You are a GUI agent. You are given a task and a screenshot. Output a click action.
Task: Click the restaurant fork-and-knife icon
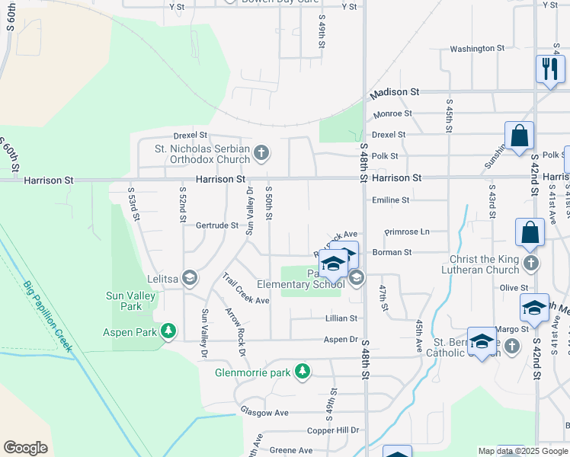[549, 69]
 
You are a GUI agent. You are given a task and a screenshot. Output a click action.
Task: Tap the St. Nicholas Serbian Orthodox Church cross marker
[261, 154]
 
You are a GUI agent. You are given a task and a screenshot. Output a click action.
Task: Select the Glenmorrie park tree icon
[303, 371]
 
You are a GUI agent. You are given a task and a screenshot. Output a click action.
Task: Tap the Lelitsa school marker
[190, 279]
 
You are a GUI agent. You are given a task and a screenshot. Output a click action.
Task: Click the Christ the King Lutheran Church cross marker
[532, 264]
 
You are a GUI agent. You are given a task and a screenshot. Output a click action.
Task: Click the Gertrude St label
[217, 225]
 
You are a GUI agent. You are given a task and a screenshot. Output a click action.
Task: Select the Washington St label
[477, 49]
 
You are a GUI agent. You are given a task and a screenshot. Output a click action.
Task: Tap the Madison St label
[395, 91]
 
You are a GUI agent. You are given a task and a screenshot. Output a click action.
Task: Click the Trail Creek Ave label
[246, 290]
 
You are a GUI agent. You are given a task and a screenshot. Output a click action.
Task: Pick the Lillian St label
[341, 318]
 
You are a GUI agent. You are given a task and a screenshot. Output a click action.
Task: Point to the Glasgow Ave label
[264, 412]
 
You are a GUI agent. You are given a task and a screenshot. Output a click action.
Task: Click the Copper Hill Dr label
[332, 430]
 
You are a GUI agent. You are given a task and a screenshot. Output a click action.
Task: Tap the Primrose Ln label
[407, 232]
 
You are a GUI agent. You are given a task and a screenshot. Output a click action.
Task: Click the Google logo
[25, 448]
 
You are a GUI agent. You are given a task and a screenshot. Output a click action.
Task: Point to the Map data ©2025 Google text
[522, 451]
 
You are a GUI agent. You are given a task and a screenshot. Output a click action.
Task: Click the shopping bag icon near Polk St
[518, 137]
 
